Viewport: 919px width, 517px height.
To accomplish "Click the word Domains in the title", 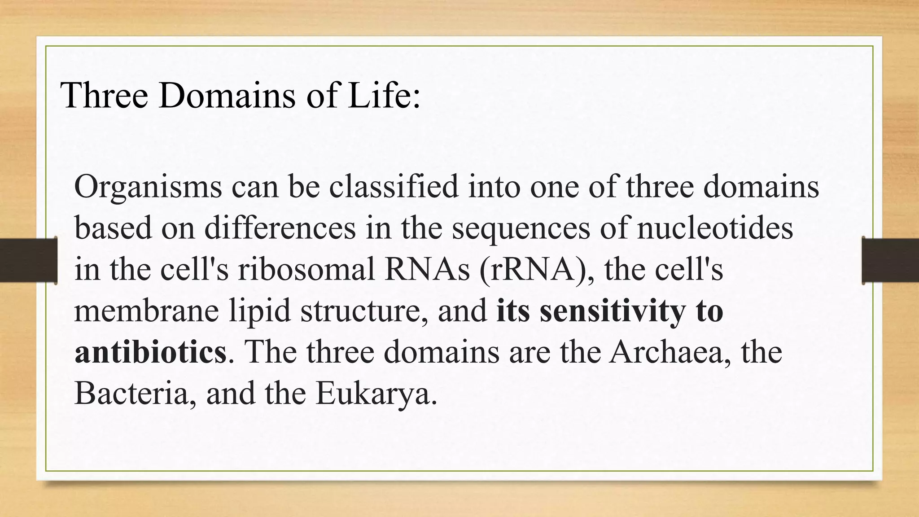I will [227, 95].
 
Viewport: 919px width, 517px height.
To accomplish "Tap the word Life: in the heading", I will [384, 95].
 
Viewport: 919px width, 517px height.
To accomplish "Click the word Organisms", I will [148, 187].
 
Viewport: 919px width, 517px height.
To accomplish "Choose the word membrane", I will [146, 311].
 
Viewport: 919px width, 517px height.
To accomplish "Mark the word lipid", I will [260, 311].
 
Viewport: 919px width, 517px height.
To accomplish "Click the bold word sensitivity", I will [613, 311].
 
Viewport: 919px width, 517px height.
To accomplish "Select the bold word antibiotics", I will [150, 352].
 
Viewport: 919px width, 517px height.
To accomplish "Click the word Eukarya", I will [376, 394].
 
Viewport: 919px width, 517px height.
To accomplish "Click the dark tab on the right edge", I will [891, 260].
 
